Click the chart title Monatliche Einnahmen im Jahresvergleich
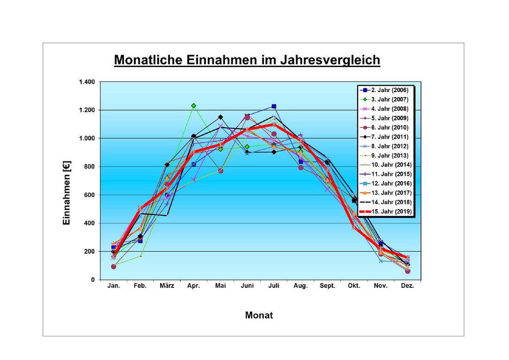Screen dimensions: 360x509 (247, 60)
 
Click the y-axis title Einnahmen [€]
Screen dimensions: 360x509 (67, 181)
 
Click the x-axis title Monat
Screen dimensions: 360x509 (259, 316)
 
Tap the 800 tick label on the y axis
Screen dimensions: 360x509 (88, 167)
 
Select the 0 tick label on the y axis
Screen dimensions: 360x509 (93, 280)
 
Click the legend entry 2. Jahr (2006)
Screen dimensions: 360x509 (389, 90)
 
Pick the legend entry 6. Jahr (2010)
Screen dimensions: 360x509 (389, 127)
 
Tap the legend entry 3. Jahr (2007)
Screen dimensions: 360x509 (389, 99)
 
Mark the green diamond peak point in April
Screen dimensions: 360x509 (193, 106)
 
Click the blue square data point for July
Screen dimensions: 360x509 (274, 106)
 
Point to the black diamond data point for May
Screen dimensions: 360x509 (220, 117)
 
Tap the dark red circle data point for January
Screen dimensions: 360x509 (113, 267)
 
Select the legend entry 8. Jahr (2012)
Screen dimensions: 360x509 (389, 146)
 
